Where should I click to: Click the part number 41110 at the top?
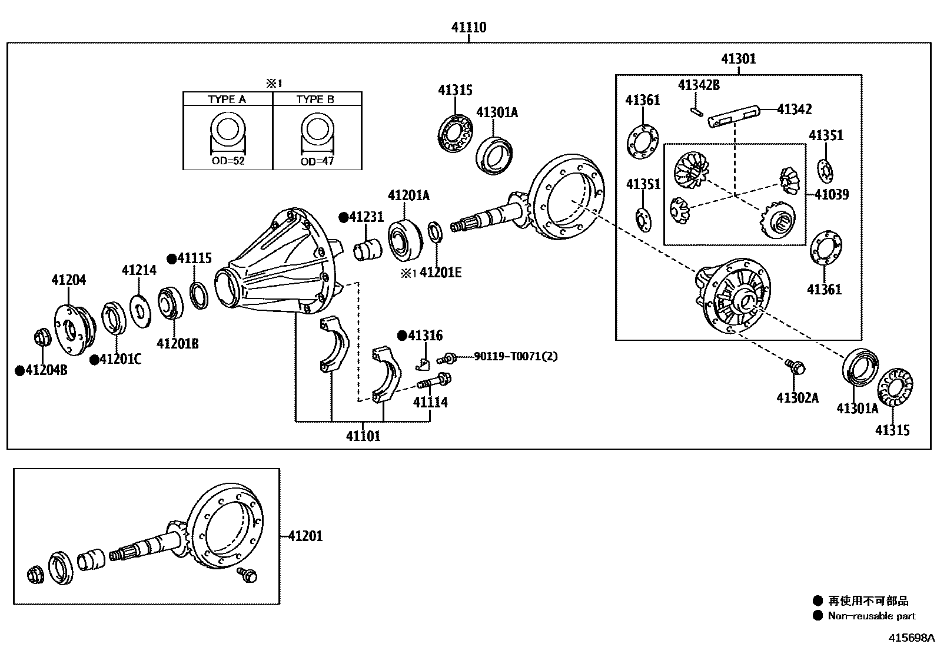point(468,27)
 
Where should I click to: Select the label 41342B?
point(699,85)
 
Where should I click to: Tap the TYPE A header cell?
point(227,99)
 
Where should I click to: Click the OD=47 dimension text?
point(317,161)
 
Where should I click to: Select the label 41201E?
point(440,272)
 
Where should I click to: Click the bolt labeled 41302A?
point(795,367)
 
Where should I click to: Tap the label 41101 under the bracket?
point(363,436)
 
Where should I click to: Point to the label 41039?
point(832,194)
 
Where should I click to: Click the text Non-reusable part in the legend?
point(871,616)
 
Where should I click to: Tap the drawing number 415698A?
point(911,638)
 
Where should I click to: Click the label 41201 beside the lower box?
point(305,536)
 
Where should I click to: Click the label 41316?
point(425,336)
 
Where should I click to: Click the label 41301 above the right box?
point(738,59)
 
